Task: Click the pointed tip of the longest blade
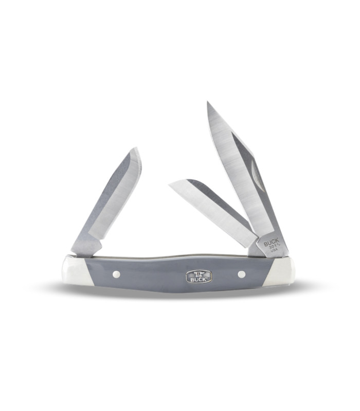click(208, 103)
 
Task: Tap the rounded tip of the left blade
click(136, 150)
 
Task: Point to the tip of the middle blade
click(170, 183)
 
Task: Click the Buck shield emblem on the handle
click(198, 275)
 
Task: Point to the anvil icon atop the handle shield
click(198, 272)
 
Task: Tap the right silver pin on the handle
click(241, 274)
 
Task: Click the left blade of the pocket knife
click(111, 200)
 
